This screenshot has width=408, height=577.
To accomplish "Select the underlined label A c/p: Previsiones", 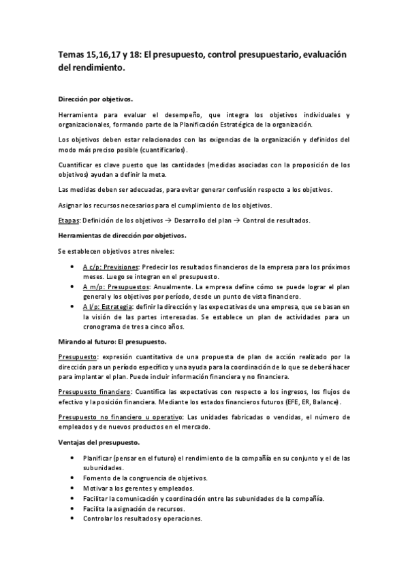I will [x=111, y=268].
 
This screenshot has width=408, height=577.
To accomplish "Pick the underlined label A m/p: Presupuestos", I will [x=112, y=288].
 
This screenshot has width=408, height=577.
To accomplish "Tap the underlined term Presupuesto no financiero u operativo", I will [x=119, y=416].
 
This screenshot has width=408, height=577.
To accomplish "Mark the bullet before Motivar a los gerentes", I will [x=73, y=488].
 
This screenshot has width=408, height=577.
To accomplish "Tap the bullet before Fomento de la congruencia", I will [x=73, y=478].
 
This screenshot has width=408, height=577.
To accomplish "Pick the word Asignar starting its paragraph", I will [x=69, y=205].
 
